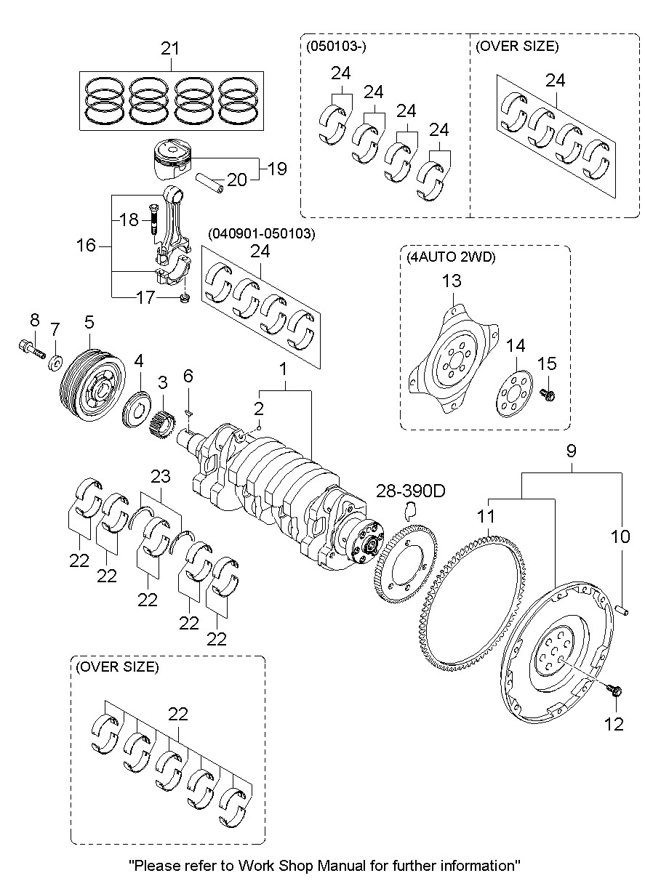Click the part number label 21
tap(170, 49)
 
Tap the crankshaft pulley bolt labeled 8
tap(32, 349)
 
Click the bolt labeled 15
tap(547, 394)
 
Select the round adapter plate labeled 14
tap(514, 394)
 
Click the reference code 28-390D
tap(411, 491)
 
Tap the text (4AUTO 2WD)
tap(451, 257)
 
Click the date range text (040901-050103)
tap(262, 233)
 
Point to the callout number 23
tap(161, 476)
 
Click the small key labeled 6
tap(188, 412)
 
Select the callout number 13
tap(452, 281)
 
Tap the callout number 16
tap(87, 246)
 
